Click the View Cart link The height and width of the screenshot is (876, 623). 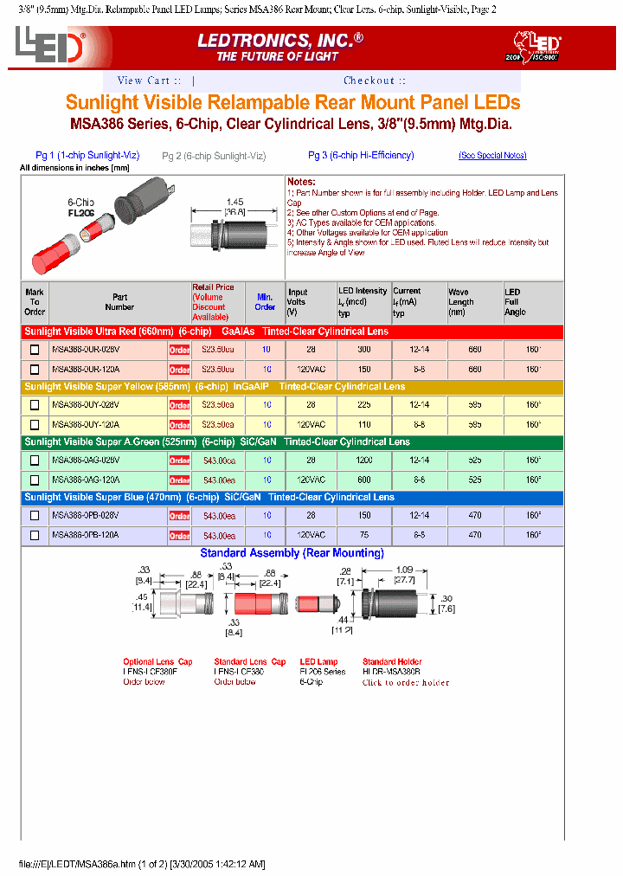pyautogui.click(x=149, y=81)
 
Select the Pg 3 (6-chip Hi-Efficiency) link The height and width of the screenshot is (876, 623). pyautogui.click(x=361, y=156)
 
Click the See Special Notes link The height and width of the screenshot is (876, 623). pyautogui.click(x=492, y=156)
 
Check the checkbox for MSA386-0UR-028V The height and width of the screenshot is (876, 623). pyautogui.click(x=35, y=350)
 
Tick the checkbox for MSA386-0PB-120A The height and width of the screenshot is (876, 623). pyautogui.click(x=35, y=535)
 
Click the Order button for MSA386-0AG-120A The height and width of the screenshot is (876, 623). pyautogui.click(x=179, y=480)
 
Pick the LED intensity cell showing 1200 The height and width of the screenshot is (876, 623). pyautogui.click(x=363, y=460)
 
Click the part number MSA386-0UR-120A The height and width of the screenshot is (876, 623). pyautogui.click(x=86, y=369)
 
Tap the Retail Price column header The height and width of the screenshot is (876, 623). pyautogui.click(x=213, y=301)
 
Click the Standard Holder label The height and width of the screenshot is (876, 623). pyautogui.click(x=391, y=661)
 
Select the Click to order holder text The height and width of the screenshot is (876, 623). pyautogui.click(x=406, y=682)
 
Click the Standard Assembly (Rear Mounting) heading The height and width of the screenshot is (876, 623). pyautogui.click(x=292, y=553)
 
